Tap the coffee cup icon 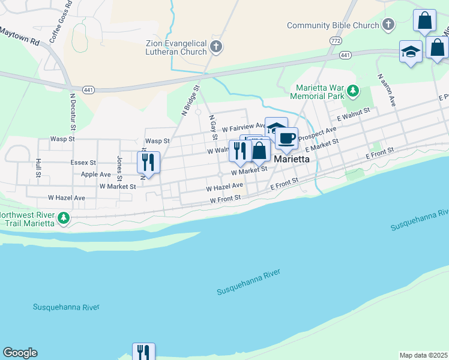286,139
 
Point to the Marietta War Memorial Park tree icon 354,91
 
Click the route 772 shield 336,40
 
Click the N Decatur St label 73,112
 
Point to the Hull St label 38,167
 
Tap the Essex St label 83,162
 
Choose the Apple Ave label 96,174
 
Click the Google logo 20,353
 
